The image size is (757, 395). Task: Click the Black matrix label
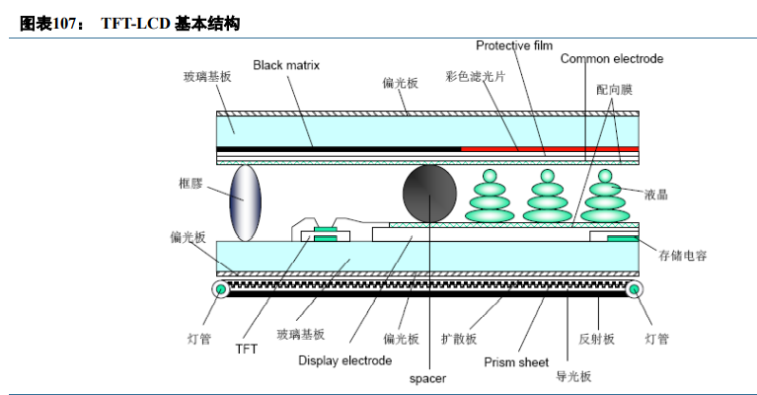286,65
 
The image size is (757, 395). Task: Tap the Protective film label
513,45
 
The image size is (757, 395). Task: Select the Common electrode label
612,59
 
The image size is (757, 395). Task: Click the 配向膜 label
613,89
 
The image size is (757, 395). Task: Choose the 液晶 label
655,195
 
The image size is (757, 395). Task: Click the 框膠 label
191,184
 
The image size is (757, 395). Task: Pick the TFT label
247,349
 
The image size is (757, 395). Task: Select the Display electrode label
344,360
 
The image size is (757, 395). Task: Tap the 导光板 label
573,376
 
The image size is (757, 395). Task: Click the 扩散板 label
459,339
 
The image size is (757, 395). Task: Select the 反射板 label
596,339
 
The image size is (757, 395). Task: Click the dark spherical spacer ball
431,193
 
